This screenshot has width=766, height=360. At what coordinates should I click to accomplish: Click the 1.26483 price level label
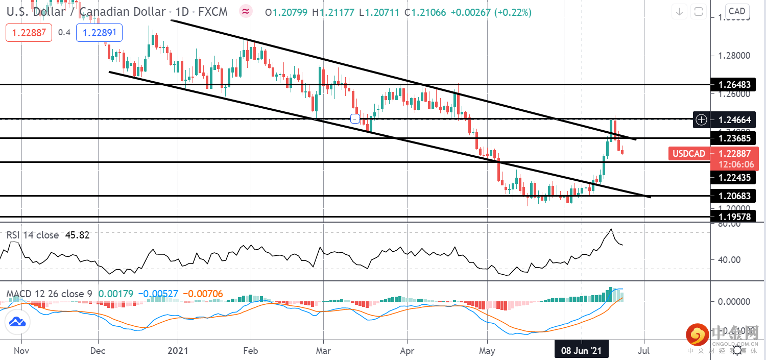point(737,84)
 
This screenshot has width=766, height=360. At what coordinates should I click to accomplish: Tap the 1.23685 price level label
point(737,138)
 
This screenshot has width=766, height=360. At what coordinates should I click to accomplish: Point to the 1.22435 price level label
point(737,177)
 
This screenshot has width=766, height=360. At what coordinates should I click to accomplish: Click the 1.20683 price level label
point(737,196)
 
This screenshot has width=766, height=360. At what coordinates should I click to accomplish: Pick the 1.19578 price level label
point(737,217)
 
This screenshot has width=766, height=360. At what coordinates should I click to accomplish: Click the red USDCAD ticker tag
point(688,153)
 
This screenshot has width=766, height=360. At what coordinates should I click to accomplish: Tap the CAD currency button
point(737,11)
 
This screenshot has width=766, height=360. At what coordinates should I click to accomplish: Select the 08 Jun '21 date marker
point(581,351)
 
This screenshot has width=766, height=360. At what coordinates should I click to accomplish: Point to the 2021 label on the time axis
point(177,351)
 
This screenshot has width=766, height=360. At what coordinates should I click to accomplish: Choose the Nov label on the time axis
point(21,351)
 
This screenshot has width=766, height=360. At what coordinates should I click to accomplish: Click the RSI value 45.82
point(77,235)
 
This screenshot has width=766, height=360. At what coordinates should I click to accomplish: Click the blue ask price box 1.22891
point(99,32)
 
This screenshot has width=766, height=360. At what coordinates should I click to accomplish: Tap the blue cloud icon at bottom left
point(18,322)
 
